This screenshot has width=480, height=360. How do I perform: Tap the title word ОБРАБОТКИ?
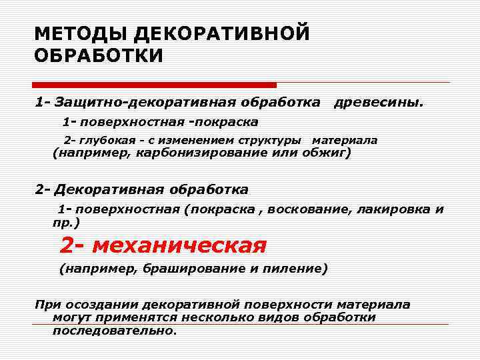[x=98, y=55]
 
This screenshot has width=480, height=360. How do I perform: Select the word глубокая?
[x=104, y=141]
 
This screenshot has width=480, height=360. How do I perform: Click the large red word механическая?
[x=179, y=246]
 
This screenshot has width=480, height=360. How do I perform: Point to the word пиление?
[x=299, y=269]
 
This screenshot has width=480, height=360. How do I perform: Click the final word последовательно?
[x=114, y=330]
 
